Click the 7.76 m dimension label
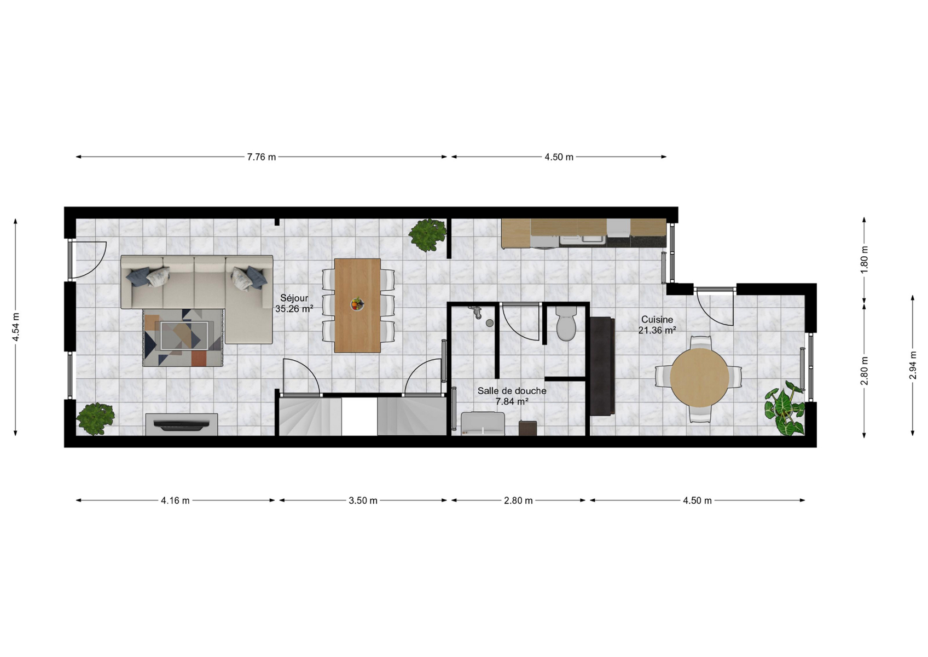(262, 157)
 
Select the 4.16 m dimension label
(175, 500)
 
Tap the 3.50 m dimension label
(363, 500)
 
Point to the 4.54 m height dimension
(16, 327)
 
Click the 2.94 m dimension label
(912, 365)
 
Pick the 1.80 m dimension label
(864, 260)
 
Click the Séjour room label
(294, 298)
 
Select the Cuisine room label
(657, 320)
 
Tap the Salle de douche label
(512, 390)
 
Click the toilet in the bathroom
(566, 324)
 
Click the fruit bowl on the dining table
(357, 304)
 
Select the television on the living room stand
(182, 425)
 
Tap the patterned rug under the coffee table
(183, 337)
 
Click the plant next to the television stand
(96, 419)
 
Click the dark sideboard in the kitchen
(602, 366)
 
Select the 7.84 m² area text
(512, 401)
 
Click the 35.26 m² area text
(294, 309)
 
